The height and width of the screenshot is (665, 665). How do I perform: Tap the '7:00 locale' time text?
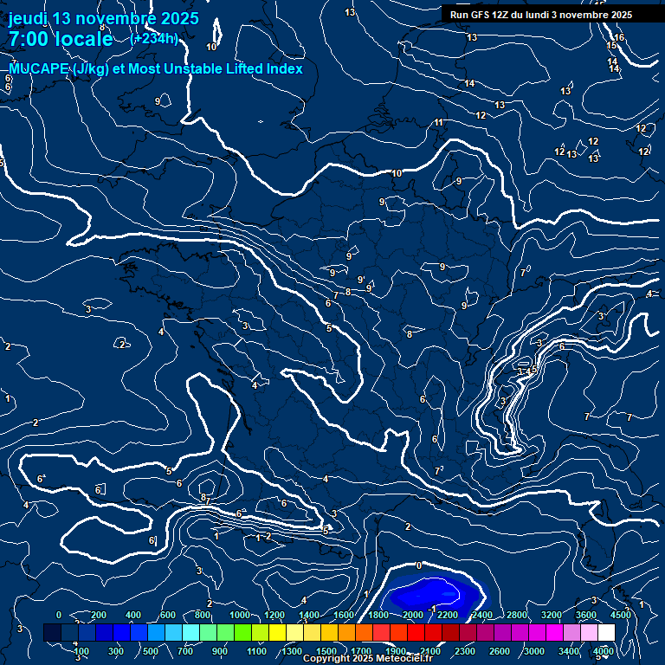(x=61, y=39)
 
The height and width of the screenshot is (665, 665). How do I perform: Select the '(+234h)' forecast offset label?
(x=154, y=38)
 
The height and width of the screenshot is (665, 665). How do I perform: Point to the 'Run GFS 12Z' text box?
(x=541, y=15)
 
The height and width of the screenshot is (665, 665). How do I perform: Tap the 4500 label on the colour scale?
(x=621, y=615)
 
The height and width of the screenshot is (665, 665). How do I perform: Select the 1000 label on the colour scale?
(x=239, y=615)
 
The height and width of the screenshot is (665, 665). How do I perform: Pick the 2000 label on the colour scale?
(x=413, y=615)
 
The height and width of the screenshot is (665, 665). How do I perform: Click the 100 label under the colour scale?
(x=81, y=651)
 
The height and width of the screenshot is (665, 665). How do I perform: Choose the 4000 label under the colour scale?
(x=604, y=651)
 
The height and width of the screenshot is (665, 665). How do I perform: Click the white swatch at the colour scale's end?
(x=612, y=633)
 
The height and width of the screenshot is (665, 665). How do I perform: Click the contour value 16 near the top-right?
(x=619, y=37)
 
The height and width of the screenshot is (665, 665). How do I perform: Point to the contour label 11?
(x=439, y=122)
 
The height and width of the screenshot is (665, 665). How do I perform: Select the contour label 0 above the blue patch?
(x=419, y=565)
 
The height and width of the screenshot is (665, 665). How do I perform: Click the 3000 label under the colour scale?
(x=534, y=651)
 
